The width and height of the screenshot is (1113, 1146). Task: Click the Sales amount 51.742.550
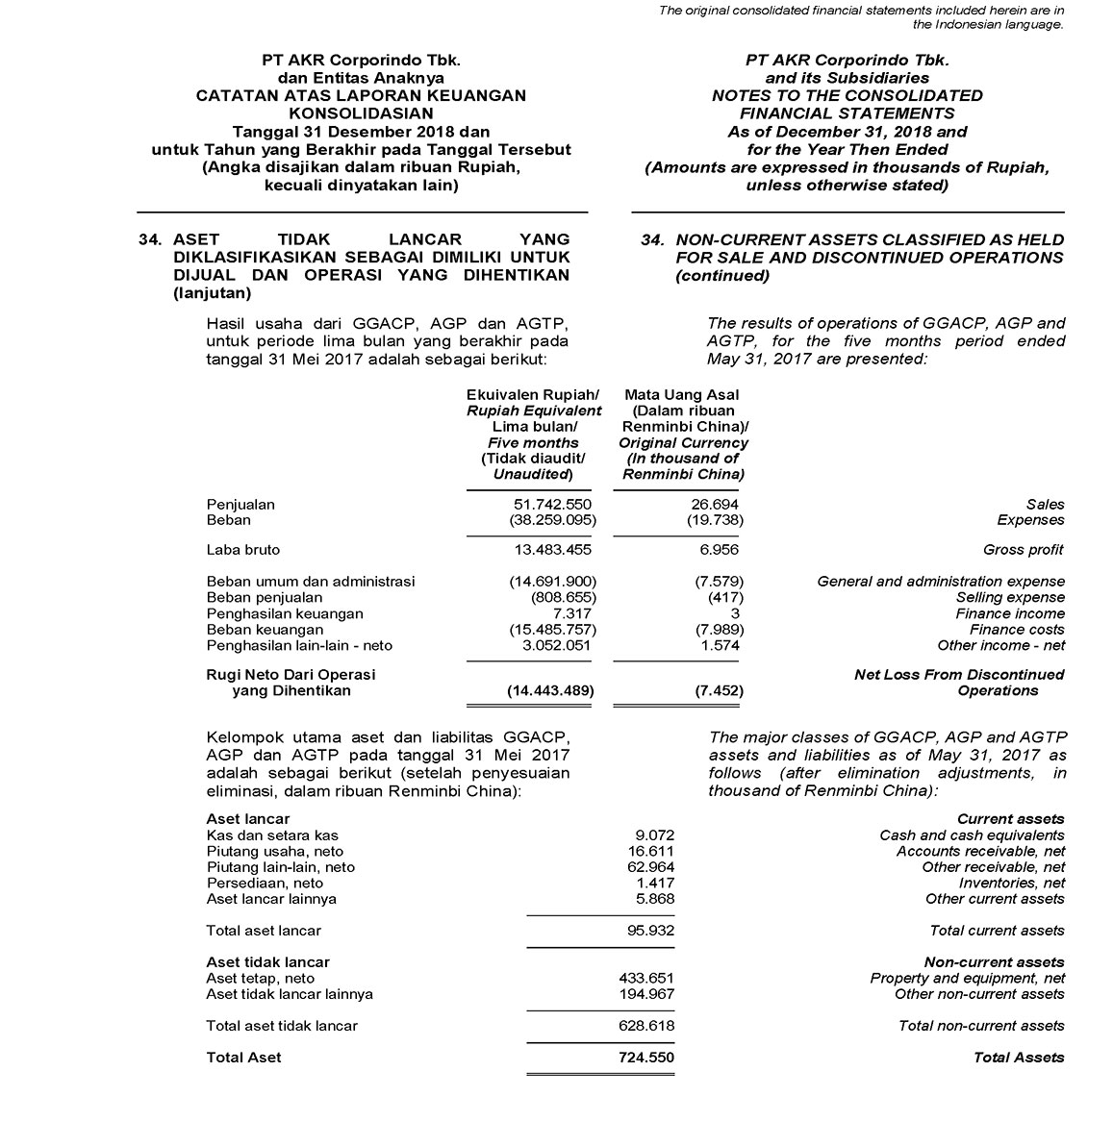553,504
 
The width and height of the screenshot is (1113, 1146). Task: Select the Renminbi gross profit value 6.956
720,550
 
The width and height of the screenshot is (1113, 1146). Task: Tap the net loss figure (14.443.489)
550,690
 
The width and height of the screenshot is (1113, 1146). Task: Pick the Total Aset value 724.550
645,1058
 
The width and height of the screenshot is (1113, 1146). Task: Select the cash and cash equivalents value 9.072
654,835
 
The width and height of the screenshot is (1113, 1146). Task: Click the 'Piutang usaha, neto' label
274,851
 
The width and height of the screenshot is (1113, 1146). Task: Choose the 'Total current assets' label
997,931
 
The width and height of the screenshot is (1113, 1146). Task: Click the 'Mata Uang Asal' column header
682,394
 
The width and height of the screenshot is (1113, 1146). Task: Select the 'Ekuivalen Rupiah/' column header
533,394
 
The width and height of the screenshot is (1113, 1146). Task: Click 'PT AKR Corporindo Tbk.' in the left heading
361,60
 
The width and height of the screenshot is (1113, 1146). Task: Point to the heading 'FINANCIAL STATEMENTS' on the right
847,113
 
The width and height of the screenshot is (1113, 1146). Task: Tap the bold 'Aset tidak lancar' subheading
267,961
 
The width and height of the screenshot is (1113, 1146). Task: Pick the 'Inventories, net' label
1012,883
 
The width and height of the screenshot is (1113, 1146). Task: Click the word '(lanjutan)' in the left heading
212,293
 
